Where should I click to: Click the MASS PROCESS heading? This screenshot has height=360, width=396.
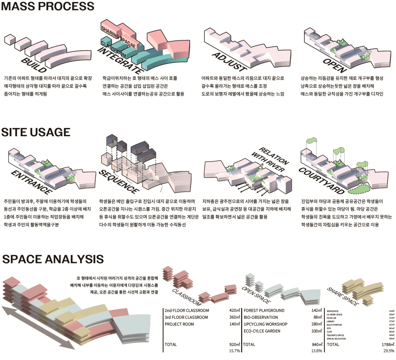48,7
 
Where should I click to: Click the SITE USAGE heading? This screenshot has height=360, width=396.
36,132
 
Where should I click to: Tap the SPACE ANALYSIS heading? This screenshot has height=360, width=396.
53,259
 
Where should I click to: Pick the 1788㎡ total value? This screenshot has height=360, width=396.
385,345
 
